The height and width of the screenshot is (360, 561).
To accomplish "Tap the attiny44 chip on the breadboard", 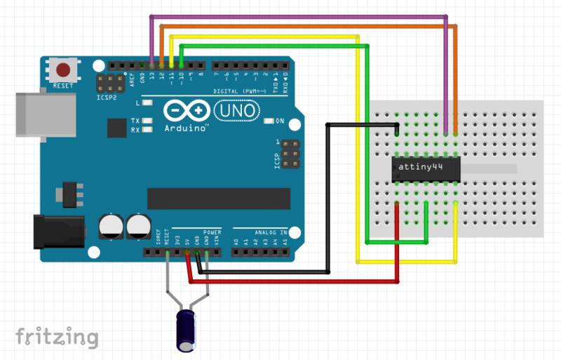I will point(425,168).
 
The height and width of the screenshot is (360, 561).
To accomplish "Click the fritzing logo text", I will point(57,336).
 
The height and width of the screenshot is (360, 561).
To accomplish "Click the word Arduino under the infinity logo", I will point(187,128).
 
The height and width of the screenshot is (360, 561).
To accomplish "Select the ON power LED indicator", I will point(269,121).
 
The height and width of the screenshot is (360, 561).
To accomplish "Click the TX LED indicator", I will point(147,121).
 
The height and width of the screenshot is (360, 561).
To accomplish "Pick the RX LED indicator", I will point(147,130).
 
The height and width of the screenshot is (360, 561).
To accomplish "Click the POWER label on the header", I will point(212,231).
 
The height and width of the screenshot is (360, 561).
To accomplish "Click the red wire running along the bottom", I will point(295,281).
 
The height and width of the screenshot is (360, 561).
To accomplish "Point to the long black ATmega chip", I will point(218,199).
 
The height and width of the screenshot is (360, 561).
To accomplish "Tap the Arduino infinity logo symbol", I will point(186,111).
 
